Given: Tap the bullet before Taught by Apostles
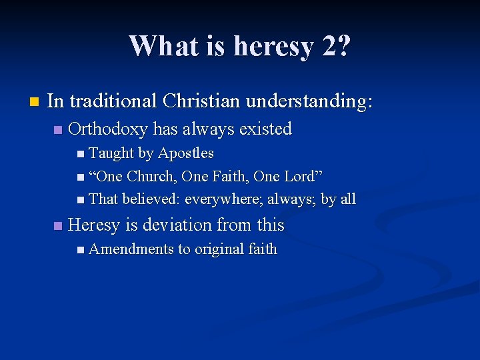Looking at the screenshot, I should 81,155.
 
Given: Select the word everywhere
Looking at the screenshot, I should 223,199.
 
